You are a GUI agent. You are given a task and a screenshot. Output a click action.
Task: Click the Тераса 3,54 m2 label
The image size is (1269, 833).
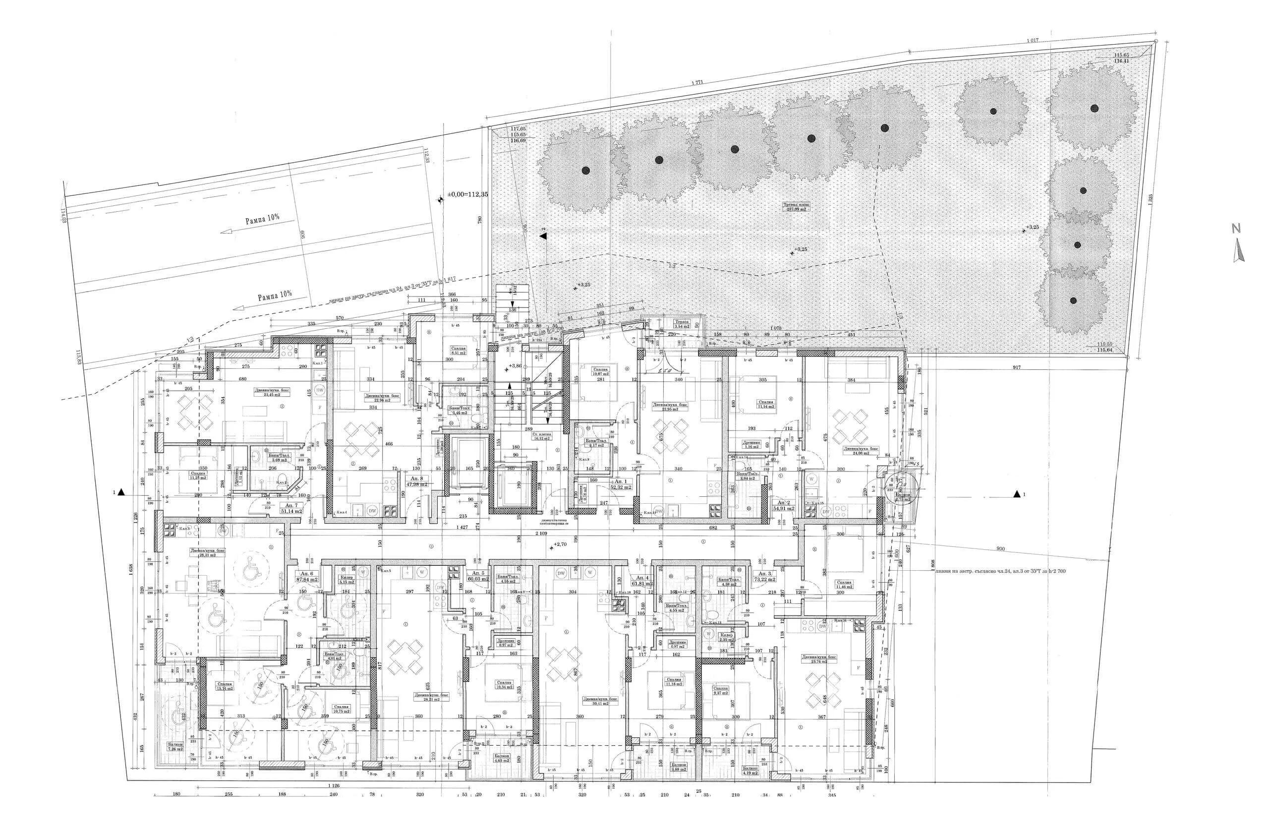[x=682, y=324]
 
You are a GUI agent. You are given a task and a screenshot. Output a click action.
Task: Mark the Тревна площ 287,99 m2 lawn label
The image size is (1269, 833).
[x=797, y=207]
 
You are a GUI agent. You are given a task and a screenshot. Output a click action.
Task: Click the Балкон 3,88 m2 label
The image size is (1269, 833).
[x=678, y=782]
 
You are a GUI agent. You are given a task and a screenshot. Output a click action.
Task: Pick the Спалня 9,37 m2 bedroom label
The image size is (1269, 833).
[x=720, y=691]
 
